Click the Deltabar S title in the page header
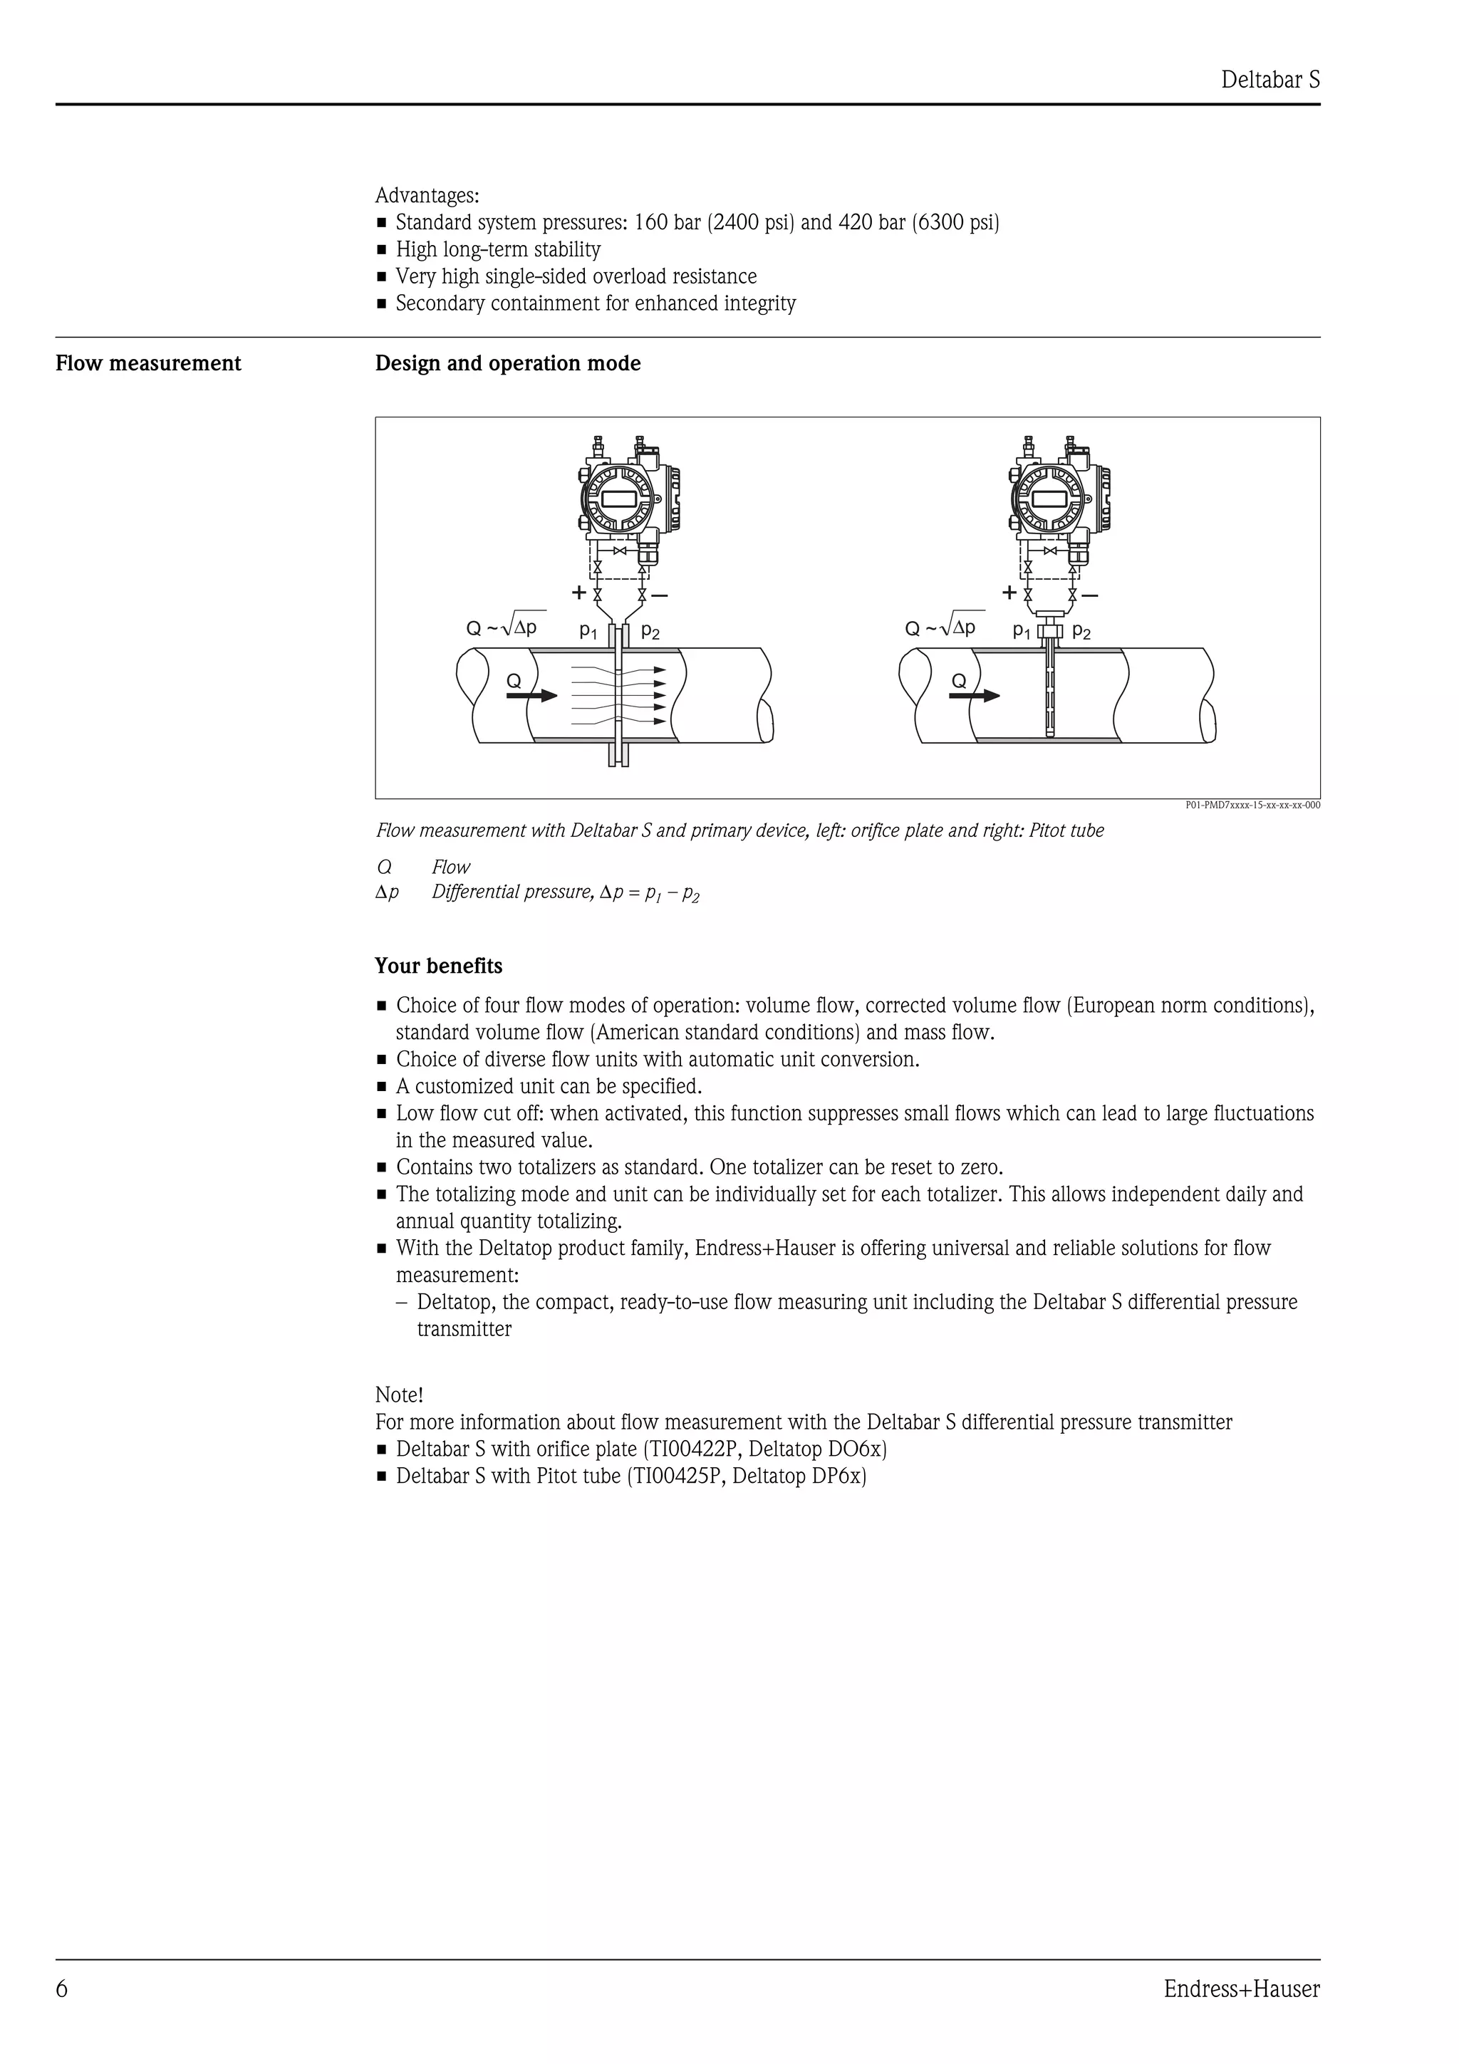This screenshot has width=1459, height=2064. (x=1270, y=80)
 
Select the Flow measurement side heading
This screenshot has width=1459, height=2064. (x=148, y=363)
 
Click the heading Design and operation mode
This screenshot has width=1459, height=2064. (x=508, y=363)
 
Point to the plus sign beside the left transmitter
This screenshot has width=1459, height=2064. (x=579, y=593)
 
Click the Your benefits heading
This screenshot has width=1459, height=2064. (x=439, y=966)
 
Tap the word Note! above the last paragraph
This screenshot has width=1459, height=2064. (x=398, y=1395)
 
